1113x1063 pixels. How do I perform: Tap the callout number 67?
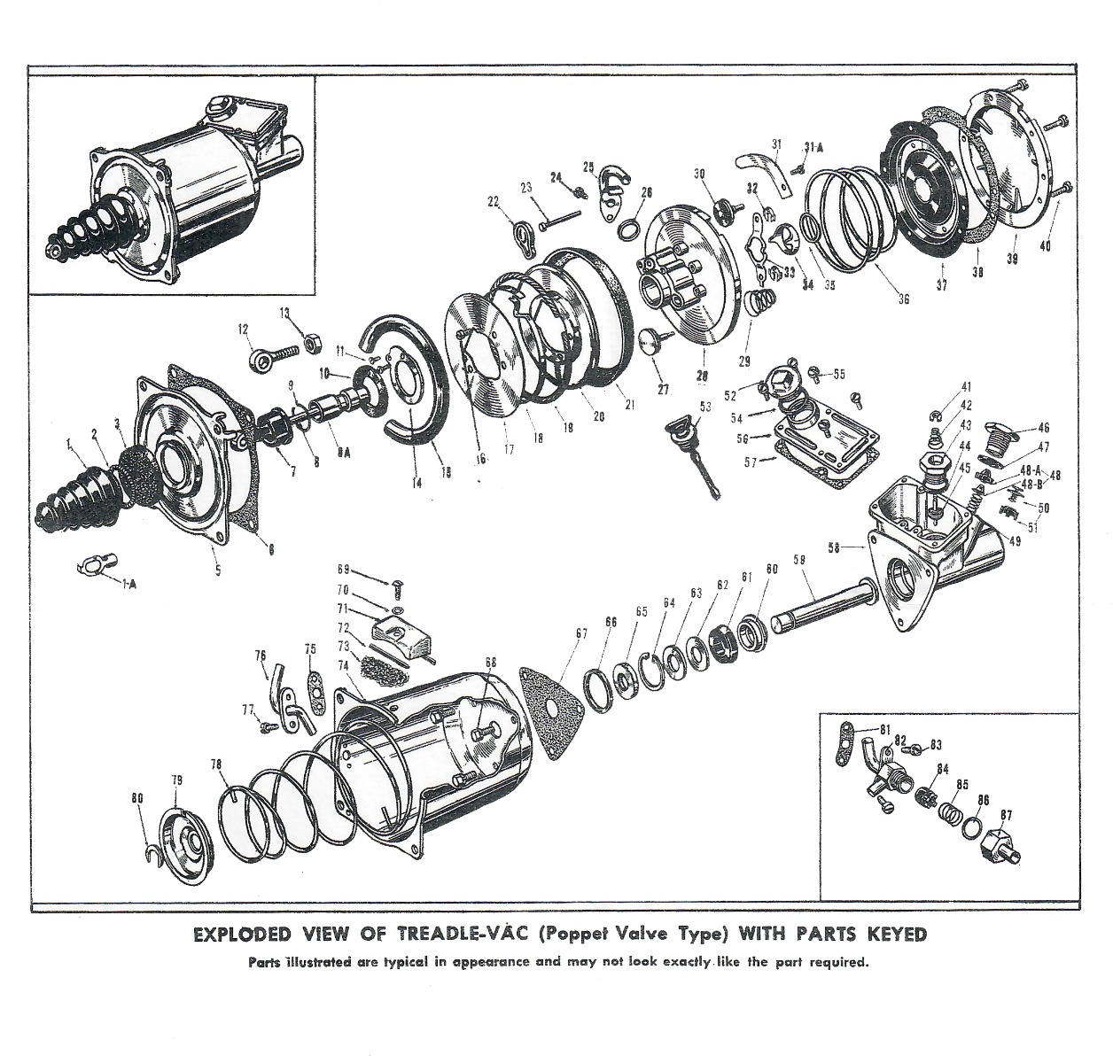pos(581,633)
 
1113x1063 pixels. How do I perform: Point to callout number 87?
pos(1006,814)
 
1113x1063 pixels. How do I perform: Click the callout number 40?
pos(1045,246)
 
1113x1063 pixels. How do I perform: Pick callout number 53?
pos(705,407)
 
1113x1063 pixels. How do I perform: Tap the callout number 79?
pos(176,780)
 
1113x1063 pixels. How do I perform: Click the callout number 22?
pos(494,203)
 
